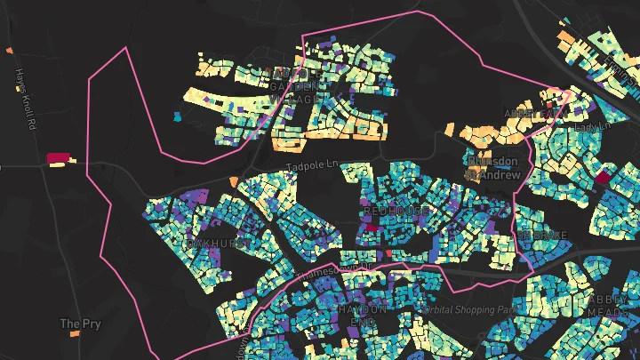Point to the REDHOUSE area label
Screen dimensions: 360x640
coord(395,212)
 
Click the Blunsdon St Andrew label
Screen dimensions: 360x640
coord(491,169)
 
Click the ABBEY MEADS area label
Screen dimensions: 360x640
coord(608,306)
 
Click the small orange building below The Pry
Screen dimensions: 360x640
coord(75,334)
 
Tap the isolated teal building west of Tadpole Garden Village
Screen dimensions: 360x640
coord(177,116)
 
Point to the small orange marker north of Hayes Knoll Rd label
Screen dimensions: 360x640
coord(8,51)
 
